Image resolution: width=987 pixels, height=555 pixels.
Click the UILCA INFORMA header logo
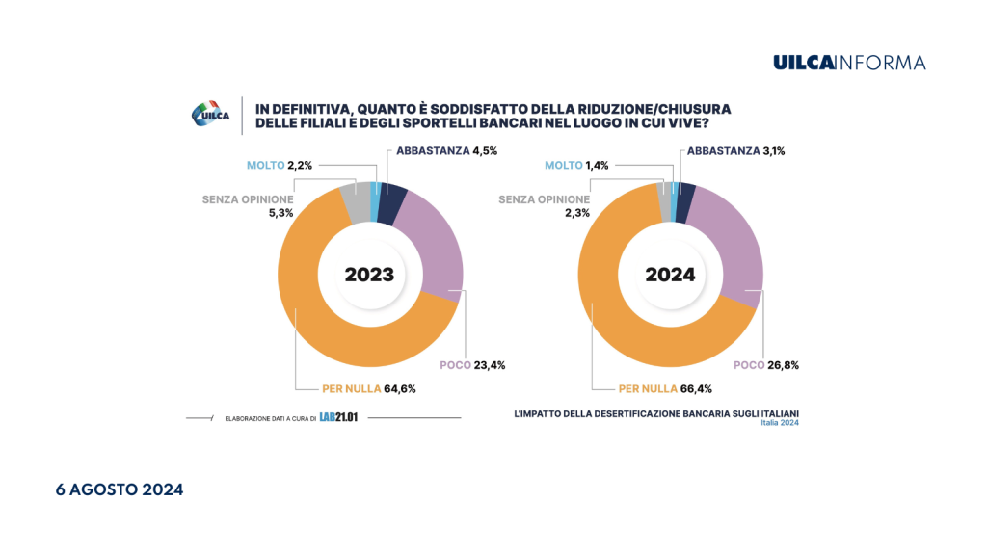tap(849, 63)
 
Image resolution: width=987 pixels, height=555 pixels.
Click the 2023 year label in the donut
tap(369, 274)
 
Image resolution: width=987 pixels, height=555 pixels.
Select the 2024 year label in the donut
tap(670, 274)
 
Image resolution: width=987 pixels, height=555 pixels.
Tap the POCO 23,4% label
tap(471, 365)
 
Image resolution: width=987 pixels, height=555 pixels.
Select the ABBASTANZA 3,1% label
tap(744, 150)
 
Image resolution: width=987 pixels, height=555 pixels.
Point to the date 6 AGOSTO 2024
tap(119, 489)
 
